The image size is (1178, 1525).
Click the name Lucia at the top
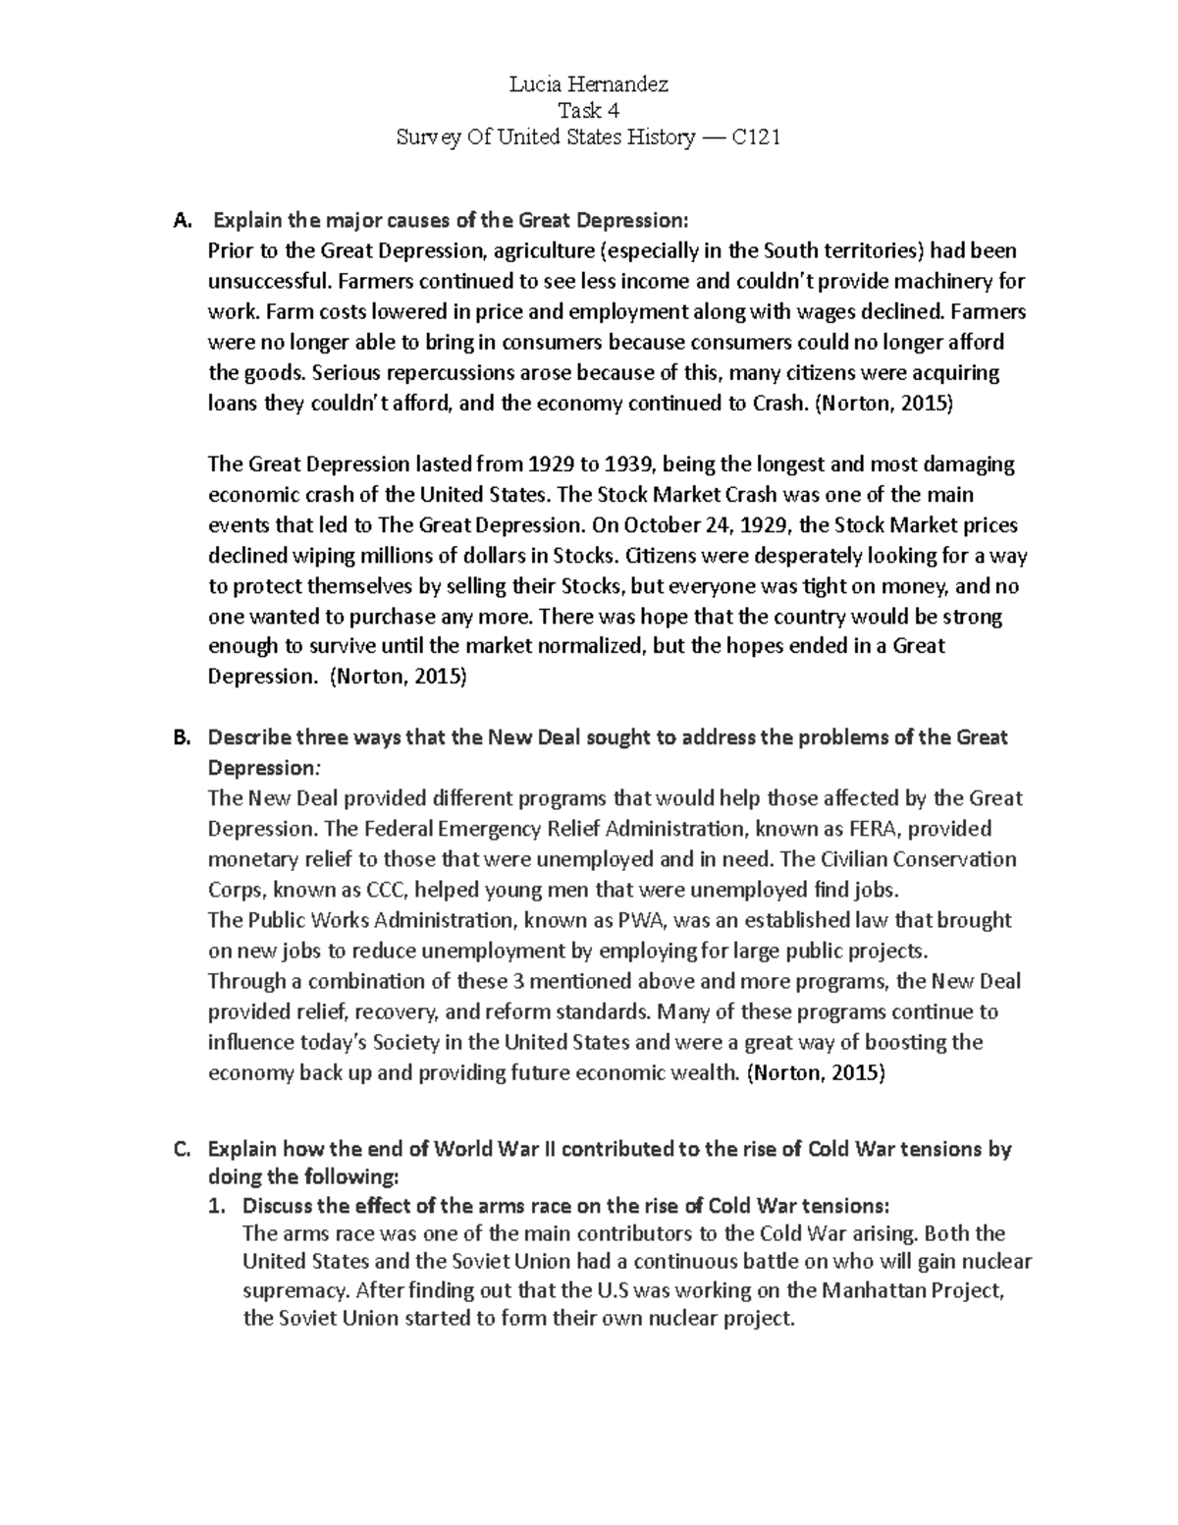(x=536, y=84)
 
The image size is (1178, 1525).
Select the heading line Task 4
(x=588, y=111)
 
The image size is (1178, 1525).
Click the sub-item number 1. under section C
(x=220, y=1206)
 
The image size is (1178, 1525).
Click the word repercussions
(x=405, y=373)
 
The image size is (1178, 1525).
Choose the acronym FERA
(x=875, y=829)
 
